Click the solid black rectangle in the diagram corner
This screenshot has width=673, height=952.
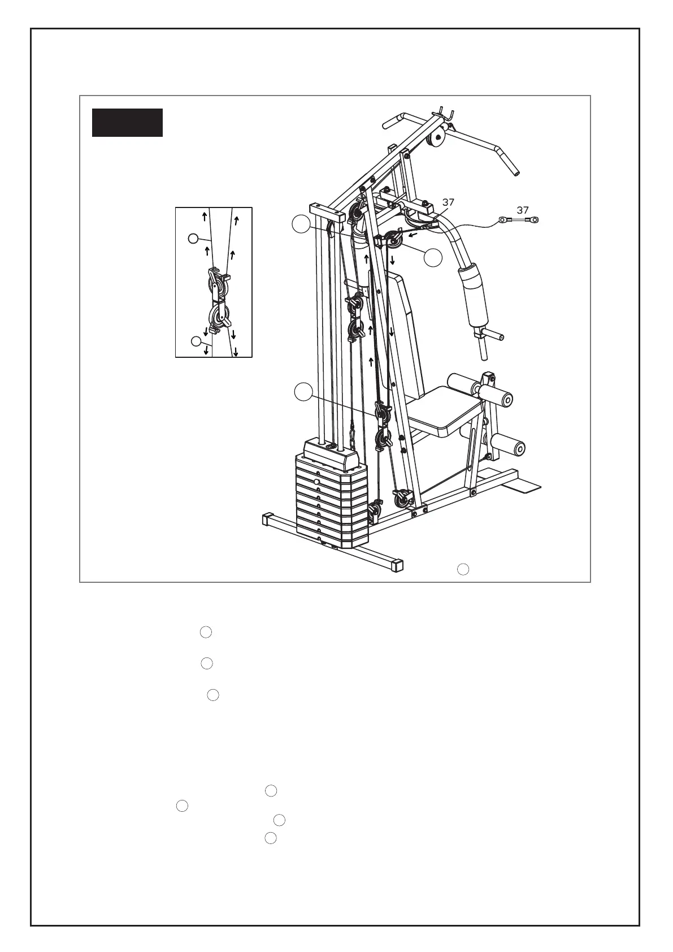pyautogui.click(x=127, y=123)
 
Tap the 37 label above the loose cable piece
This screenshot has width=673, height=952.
pyautogui.click(x=523, y=210)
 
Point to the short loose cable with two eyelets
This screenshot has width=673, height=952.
pyautogui.click(x=518, y=220)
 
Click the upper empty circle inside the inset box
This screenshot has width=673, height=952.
pyautogui.click(x=193, y=239)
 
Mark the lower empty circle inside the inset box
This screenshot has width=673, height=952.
pyautogui.click(x=196, y=341)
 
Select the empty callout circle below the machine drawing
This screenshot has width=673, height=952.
pyautogui.click(x=463, y=569)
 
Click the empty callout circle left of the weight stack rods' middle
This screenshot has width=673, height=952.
pyautogui.click(x=303, y=392)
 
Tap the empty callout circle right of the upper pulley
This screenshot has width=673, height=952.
pyautogui.click(x=433, y=257)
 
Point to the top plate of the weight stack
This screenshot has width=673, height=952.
pyautogui.click(x=331, y=453)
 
